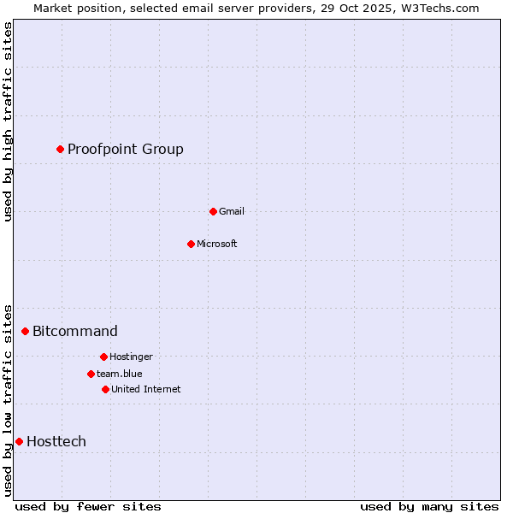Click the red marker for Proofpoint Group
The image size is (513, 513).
coord(60,150)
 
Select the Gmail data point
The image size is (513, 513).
coord(213,211)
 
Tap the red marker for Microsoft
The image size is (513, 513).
coord(191,244)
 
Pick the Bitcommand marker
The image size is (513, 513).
coord(25,331)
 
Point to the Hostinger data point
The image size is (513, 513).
coord(103,357)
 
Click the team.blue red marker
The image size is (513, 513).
coord(91,374)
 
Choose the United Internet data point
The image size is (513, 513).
coord(105,389)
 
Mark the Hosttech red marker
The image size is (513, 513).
coord(19,441)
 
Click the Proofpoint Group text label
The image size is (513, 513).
coord(126,150)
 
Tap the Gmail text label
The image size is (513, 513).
coord(232,211)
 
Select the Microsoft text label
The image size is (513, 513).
coord(217,244)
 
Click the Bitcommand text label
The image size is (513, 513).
coord(75,331)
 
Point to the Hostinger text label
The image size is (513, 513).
coord(131,357)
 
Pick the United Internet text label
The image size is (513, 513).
coord(146,389)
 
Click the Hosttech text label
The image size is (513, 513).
coord(56,441)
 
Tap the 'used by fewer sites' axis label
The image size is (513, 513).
coord(88,506)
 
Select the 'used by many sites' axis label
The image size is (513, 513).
coord(429,506)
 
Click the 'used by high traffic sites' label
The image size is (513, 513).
coord(8,121)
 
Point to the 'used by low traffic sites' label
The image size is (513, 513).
coord(8,400)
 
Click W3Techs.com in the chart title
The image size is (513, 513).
coord(437,8)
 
